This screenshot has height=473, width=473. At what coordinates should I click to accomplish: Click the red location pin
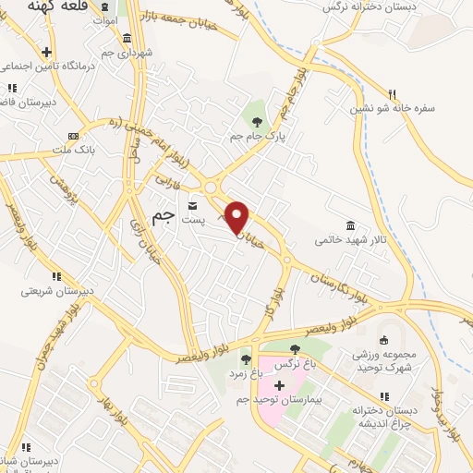click(x=237, y=217)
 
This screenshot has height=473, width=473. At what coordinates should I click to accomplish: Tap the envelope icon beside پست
click(x=193, y=205)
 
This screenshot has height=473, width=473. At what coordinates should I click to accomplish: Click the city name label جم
click(x=163, y=218)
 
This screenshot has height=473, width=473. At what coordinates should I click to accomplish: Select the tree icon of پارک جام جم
click(x=257, y=121)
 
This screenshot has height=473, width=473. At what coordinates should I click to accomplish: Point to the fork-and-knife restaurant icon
click(x=393, y=94)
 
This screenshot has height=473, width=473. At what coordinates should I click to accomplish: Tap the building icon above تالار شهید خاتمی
click(x=350, y=225)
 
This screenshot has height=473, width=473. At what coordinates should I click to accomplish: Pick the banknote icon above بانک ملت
click(x=74, y=136)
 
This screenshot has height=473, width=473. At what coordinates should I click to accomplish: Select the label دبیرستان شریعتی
click(x=58, y=290)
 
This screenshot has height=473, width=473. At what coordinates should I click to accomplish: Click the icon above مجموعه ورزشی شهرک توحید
click(x=384, y=340)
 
